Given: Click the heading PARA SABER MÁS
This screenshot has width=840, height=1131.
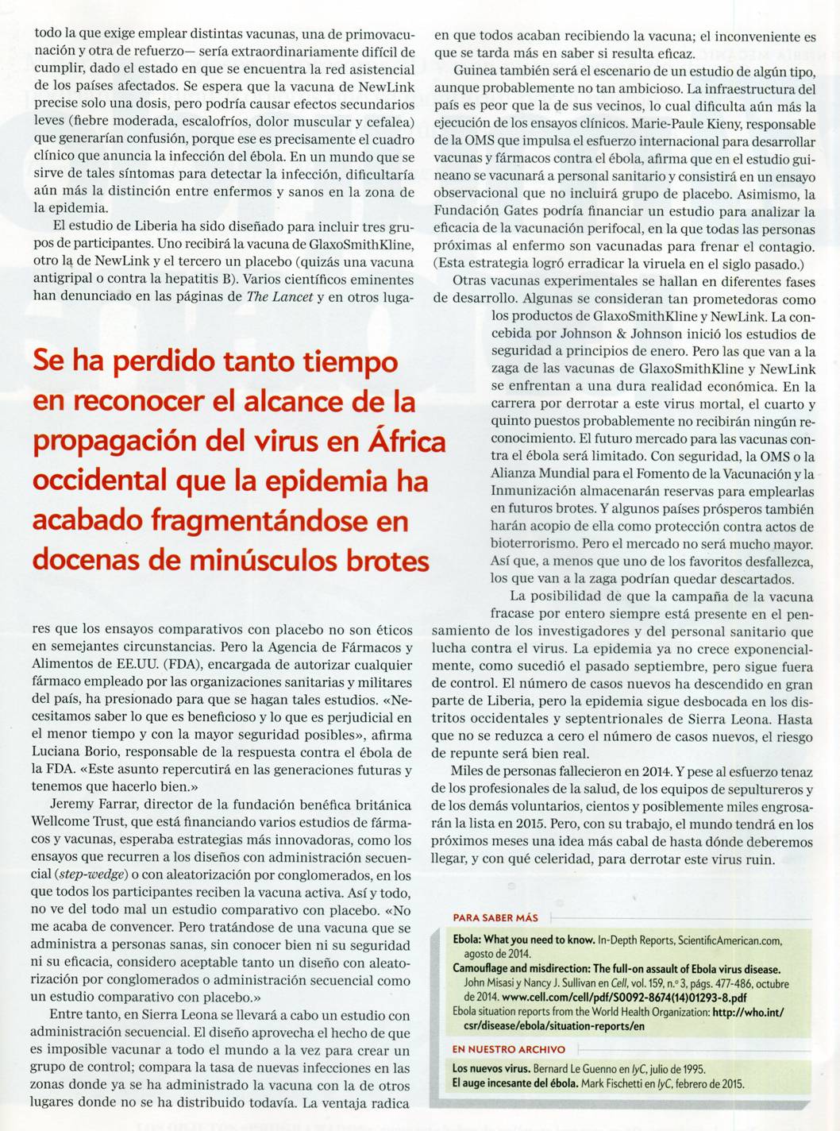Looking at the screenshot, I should tap(495, 917).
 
